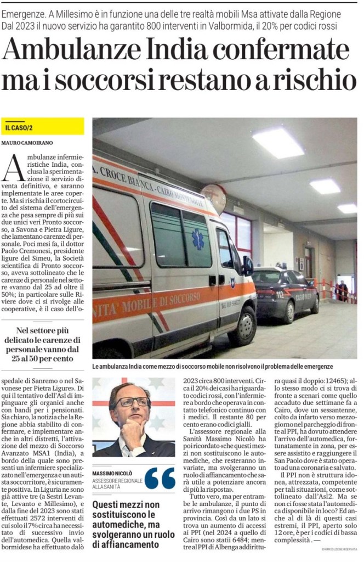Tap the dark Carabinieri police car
[285, 291]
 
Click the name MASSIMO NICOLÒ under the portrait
[111, 473]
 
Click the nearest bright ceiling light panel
[278, 143]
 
